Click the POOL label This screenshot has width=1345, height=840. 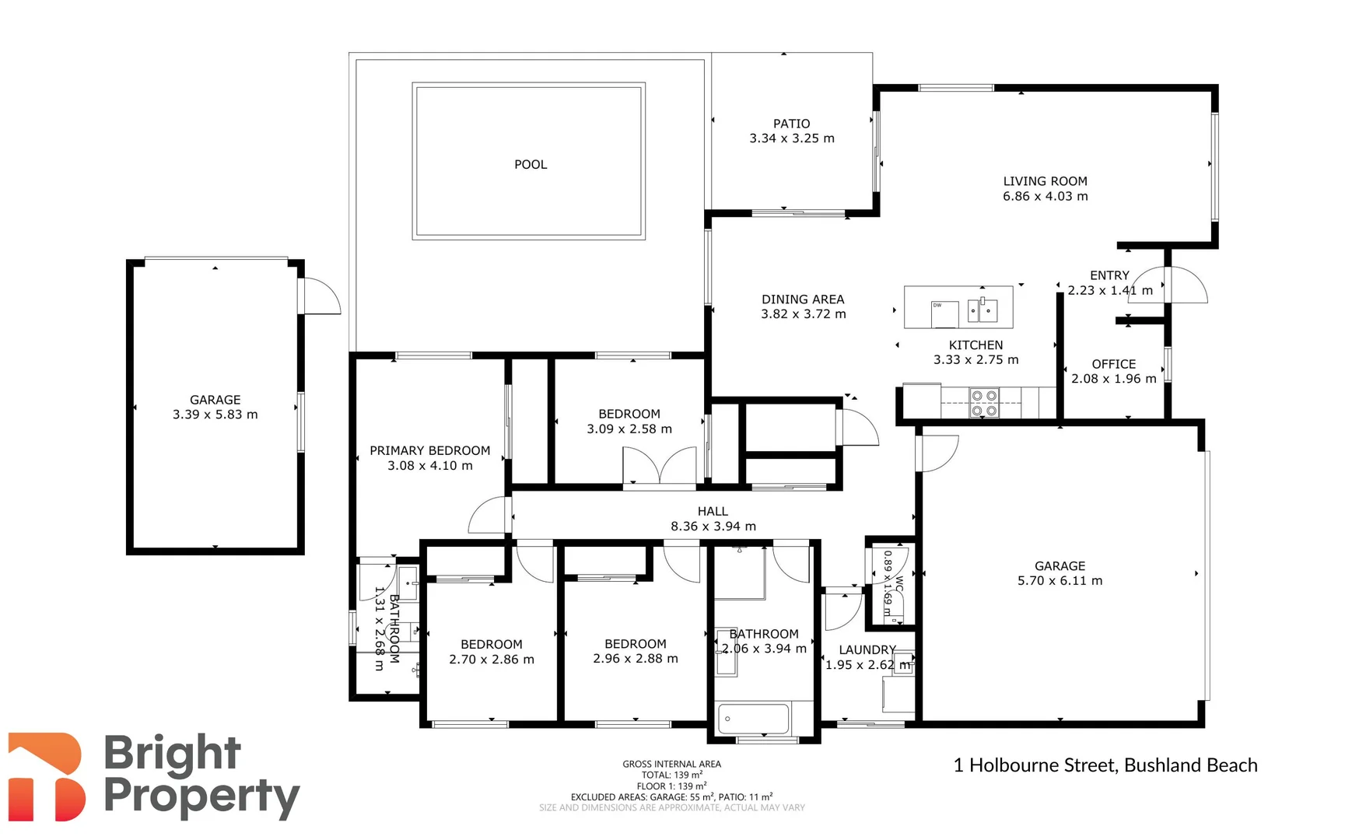click(531, 164)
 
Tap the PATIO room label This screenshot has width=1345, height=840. click(791, 124)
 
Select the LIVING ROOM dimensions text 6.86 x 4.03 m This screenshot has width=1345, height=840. click(1045, 196)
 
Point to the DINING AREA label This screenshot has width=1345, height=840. click(803, 299)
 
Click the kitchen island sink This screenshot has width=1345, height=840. click(982, 310)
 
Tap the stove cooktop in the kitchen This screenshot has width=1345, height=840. click(984, 403)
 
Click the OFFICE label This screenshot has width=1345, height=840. click(1113, 364)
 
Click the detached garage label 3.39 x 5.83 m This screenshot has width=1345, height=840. click(215, 415)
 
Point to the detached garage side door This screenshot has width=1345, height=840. click(321, 296)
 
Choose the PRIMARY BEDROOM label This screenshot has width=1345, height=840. click(430, 450)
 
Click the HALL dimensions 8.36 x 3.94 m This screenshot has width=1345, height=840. click(713, 527)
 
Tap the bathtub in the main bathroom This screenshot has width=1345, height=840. click(754, 719)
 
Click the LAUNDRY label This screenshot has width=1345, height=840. click(867, 650)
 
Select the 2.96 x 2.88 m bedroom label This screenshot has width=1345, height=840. click(636, 659)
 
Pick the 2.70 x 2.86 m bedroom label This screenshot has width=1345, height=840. click(492, 660)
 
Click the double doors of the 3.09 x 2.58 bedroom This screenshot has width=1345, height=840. click(660, 466)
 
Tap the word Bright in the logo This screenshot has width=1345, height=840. click(172, 754)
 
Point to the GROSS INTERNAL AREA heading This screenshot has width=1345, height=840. click(672, 764)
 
